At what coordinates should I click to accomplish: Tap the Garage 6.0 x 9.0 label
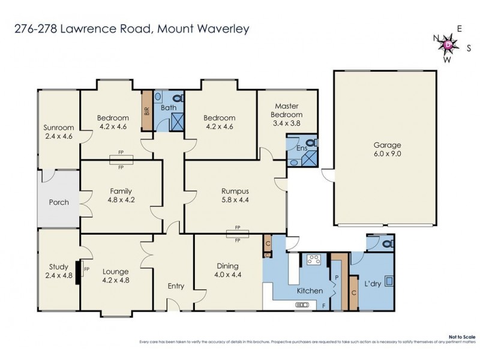(386, 149)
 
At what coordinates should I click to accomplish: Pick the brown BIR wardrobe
(146, 110)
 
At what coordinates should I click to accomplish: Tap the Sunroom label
(58, 131)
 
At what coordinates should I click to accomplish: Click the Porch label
(58, 202)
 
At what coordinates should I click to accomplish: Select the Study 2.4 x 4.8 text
(58, 272)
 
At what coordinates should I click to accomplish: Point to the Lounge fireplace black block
(79, 269)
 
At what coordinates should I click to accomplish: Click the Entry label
(176, 286)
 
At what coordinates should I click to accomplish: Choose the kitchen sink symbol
(302, 305)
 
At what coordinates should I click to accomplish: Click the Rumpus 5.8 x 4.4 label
(235, 196)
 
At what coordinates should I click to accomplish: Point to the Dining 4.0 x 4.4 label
(227, 271)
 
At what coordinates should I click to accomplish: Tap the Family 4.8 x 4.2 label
(121, 196)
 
